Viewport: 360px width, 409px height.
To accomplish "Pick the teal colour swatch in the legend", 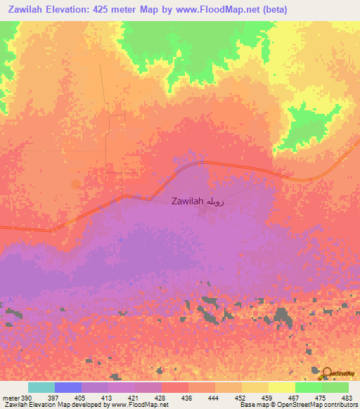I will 41,387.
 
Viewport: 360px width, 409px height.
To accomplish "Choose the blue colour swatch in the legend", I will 67,387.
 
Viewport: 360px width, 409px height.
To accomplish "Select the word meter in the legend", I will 10,397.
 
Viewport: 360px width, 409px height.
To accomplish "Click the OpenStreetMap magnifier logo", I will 327,374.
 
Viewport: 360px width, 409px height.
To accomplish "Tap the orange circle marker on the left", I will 76,184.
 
